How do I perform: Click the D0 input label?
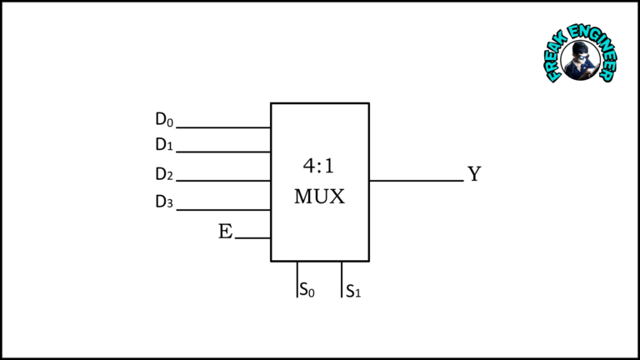tap(164, 120)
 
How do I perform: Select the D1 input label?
tap(164, 145)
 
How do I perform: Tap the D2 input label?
tap(164, 175)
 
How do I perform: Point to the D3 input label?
tap(164, 202)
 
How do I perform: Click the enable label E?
tap(225, 232)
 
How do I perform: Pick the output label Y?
tap(474, 174)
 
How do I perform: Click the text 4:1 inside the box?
tap(319, 165)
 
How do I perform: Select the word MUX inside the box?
tap(319, 197)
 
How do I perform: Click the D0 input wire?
tap(223, 127)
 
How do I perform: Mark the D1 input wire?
tap(223, 152)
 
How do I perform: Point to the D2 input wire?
tap(223, 181)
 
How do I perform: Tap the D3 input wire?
tap(223, 210)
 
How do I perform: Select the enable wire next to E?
tap(252, 238)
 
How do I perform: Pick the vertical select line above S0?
tap(297, 278)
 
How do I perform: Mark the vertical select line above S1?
tap(342, 278)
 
